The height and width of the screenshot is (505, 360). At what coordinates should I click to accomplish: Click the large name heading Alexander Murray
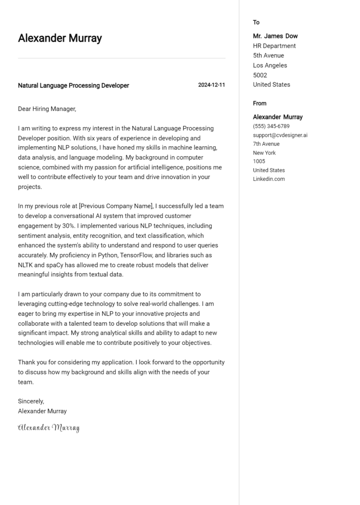tap(60, 38)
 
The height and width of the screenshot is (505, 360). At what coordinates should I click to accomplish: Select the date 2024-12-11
tap(211, 85)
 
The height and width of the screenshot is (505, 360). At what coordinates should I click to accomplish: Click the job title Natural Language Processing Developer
tap(73, 86)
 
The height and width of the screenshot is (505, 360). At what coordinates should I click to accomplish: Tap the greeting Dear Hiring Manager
tap(46, 109)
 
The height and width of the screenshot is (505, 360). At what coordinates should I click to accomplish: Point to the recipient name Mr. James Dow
tap(275, 36)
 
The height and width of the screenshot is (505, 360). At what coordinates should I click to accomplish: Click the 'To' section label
tap(256, 22)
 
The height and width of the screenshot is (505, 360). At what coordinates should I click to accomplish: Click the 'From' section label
tap(259, 104)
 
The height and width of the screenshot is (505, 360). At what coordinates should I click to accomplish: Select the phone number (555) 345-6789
tap(271, 126)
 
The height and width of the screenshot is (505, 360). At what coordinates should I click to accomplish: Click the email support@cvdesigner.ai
tap(280, 135)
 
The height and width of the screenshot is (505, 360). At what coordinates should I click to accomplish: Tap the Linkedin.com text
tap(269, 179)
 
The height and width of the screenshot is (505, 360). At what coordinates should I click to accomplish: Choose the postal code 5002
tap(260, 75)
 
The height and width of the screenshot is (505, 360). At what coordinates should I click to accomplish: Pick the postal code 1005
tap(259, 162)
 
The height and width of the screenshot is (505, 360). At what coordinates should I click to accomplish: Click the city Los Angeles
tap(270, 66)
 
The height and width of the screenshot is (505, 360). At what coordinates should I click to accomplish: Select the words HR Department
tap(274, 46)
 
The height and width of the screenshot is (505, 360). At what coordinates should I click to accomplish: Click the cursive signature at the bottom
tap(49, 427)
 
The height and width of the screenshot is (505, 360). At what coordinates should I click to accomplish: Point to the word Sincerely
tap(31, 401)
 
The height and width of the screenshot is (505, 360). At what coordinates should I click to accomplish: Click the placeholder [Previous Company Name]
tap(115, 206)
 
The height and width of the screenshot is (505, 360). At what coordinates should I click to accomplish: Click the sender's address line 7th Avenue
tap(266, 144)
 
